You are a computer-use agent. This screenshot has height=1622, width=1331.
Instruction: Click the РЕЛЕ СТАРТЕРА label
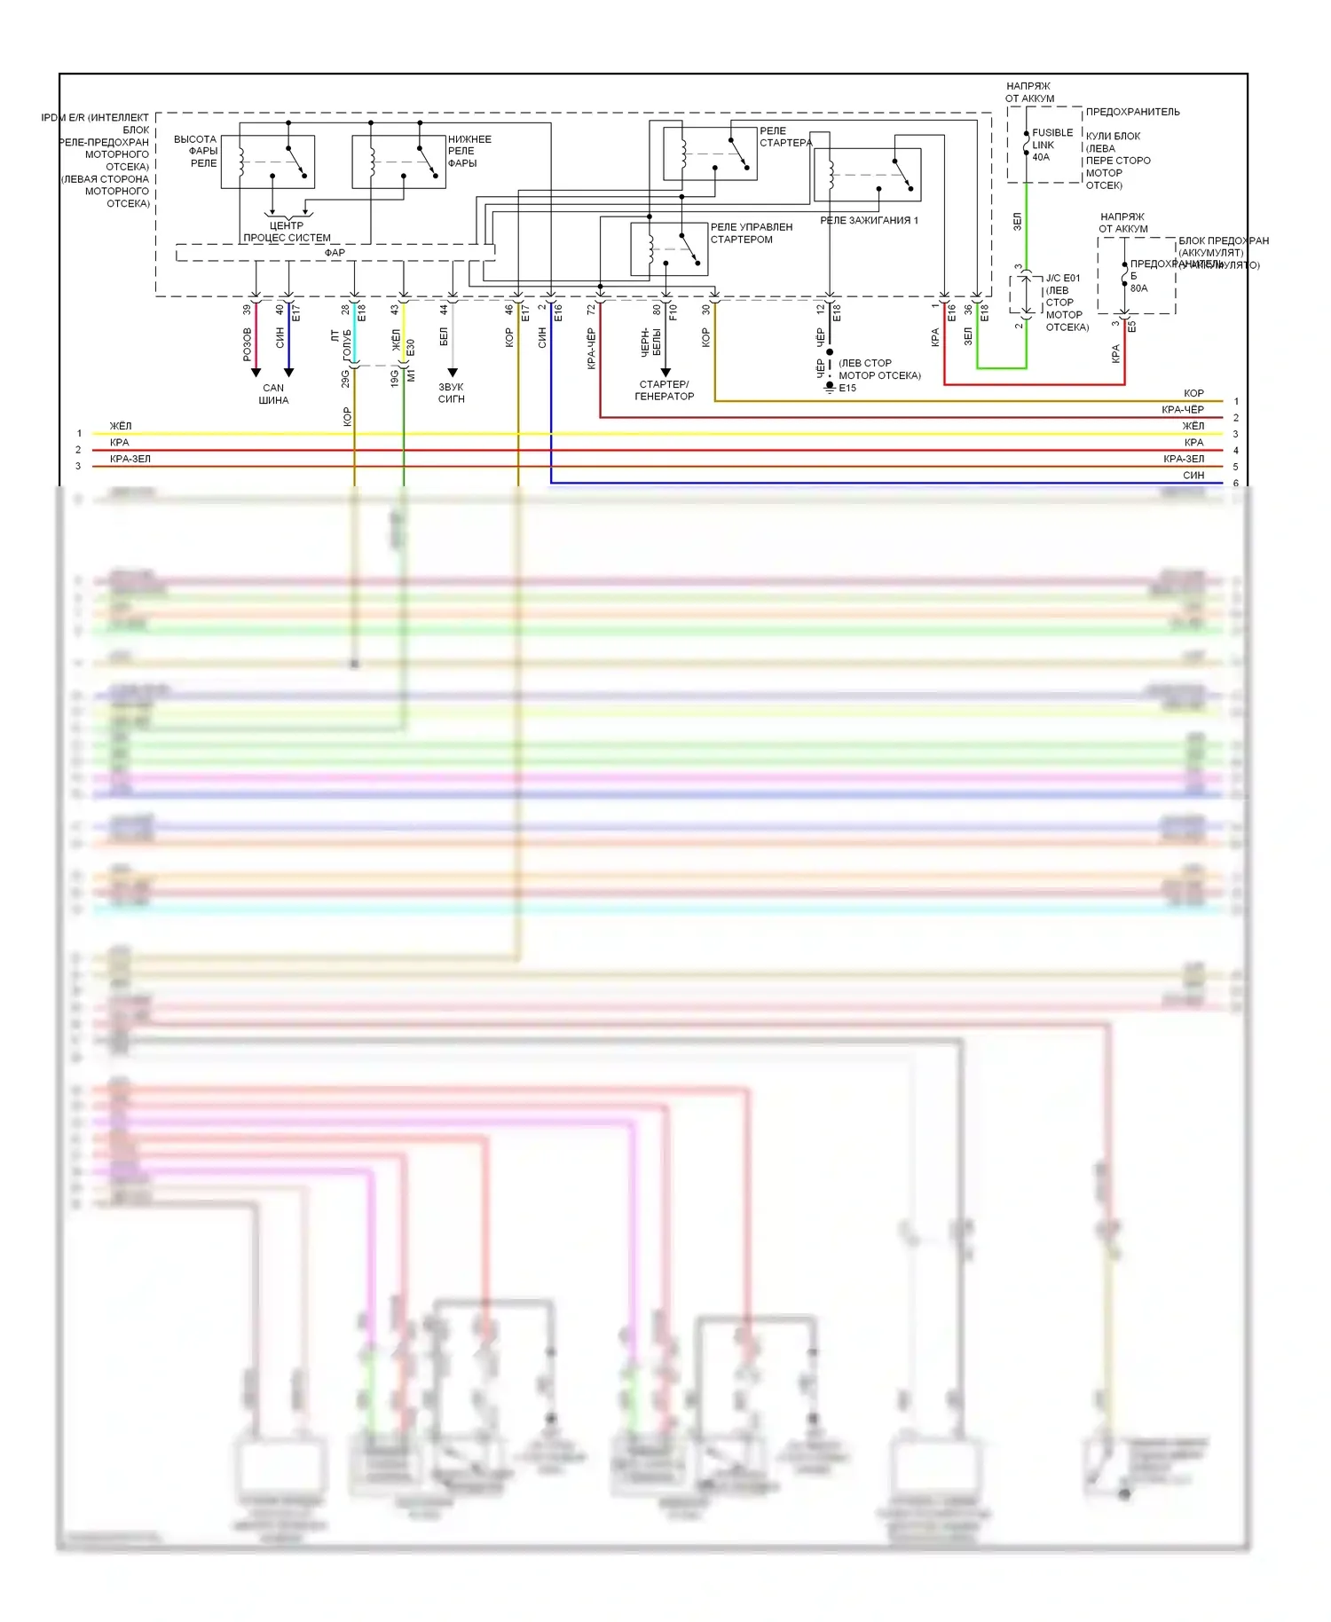click(785, 137)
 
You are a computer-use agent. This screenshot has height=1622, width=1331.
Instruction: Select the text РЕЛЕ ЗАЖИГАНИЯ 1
click(869, 220)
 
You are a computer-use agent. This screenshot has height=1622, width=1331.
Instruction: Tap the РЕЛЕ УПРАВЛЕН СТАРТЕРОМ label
click(751, 233)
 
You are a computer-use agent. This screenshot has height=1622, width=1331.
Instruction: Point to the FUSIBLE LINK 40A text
click(1051, 145)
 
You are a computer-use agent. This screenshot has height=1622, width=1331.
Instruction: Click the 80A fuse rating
click(1138, 288)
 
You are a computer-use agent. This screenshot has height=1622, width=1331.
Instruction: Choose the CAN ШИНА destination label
click(273, 394)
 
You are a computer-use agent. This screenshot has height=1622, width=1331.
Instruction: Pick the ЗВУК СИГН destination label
click(451, 393)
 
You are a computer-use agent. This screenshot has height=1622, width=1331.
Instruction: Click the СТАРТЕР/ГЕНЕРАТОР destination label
click(664, 390)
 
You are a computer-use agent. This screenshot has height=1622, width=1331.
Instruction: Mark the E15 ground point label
click(847, 388)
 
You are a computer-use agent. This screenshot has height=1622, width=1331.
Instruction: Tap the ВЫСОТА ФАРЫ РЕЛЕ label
click(195, 151)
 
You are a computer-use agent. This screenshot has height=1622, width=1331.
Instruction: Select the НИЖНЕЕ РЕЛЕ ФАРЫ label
click(469, 151)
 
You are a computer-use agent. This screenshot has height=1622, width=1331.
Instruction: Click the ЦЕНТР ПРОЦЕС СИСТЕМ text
click(287, 232)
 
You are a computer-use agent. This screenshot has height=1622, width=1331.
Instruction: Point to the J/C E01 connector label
click(1062, 279)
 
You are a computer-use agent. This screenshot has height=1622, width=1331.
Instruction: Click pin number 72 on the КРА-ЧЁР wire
click(591, 310)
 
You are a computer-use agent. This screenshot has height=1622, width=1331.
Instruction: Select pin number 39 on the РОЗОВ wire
click(247, 310)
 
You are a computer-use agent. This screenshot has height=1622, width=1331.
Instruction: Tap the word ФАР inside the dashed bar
click(335, 253)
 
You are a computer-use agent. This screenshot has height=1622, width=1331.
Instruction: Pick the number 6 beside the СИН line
click(1236, 484)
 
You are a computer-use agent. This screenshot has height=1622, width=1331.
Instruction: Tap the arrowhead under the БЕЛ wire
click(453, 373)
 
